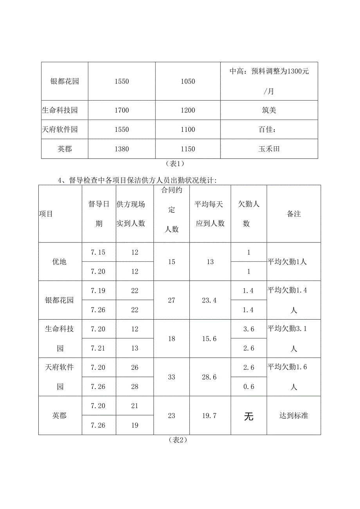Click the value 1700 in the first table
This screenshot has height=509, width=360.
coord(122,110)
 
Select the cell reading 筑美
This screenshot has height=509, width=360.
coord(269,110)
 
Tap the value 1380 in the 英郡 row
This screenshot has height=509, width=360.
coord(122,149)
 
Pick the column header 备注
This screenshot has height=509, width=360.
coord(294,214)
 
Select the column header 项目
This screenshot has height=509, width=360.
coord(46,214)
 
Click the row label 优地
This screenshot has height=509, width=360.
coord(59,262)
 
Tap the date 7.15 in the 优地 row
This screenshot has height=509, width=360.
coord(98,252)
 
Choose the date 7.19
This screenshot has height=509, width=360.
coord(98,291)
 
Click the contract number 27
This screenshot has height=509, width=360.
coord(171,300)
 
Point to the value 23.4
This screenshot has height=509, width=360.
coord(210,300)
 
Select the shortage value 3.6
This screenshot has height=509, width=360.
coord(248,329)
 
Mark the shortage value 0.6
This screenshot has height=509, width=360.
coord(248,387)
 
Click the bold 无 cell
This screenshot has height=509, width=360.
coord(248,416)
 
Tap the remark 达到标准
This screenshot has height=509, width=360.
coord(294,415)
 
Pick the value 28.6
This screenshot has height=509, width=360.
coord(210,377)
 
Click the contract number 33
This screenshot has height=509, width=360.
coord(171,377)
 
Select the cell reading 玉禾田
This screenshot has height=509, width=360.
coord(269,149)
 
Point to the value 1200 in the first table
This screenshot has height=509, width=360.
coord(188,110)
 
